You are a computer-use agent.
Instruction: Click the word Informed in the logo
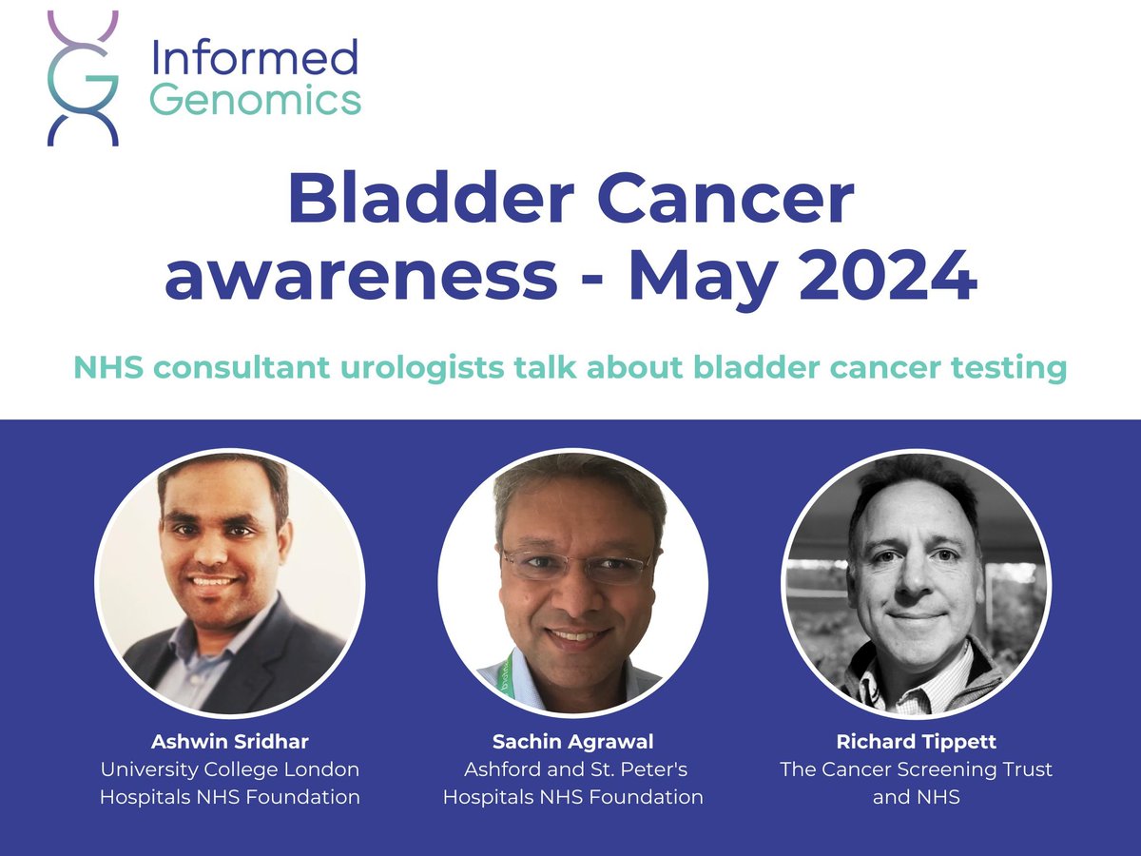tap(255, 60)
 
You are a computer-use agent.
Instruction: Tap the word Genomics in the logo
tap(256, 99)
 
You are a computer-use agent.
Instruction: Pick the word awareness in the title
tap(360, 276)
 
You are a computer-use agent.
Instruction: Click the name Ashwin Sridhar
tap(230, 740)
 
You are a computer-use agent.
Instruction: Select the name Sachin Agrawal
tap(573, 740)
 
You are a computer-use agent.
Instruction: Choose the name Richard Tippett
tap(917, 740)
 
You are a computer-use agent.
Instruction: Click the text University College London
tap(230, 768)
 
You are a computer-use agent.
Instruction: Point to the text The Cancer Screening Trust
tap(917, 768)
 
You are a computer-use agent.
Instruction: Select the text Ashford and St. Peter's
tap(573, 768)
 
